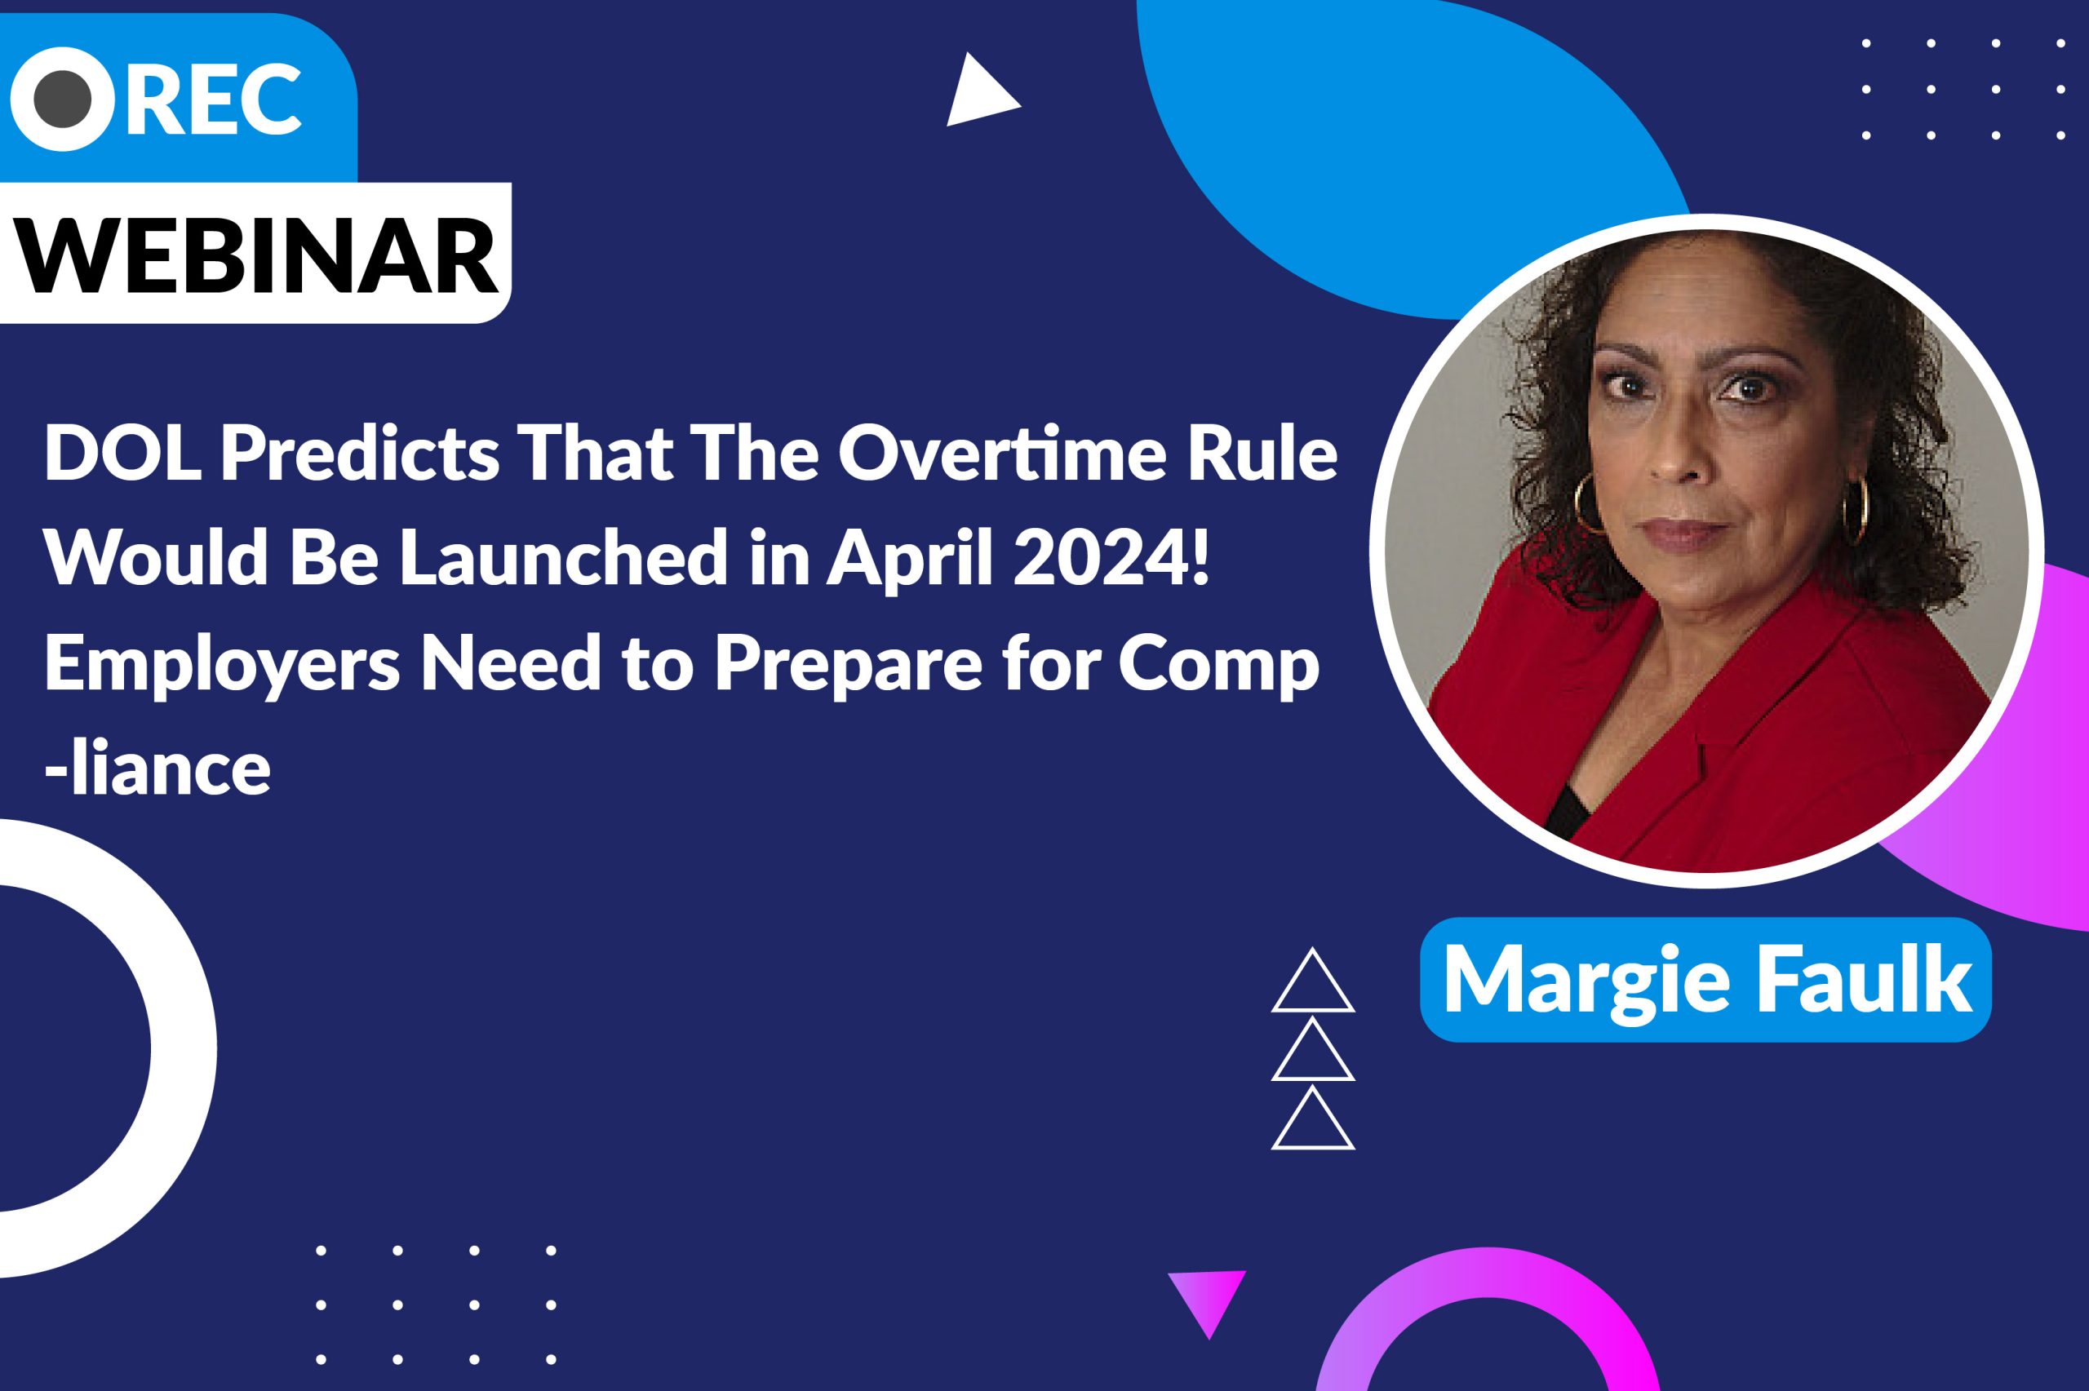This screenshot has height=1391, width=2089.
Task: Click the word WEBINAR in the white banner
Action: [x=258, y=253]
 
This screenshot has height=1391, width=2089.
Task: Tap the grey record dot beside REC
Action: [x=62, y=100]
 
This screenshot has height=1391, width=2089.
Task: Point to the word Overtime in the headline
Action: [x=995, y=454]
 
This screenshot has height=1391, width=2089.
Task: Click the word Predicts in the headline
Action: [x=359, y=454]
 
